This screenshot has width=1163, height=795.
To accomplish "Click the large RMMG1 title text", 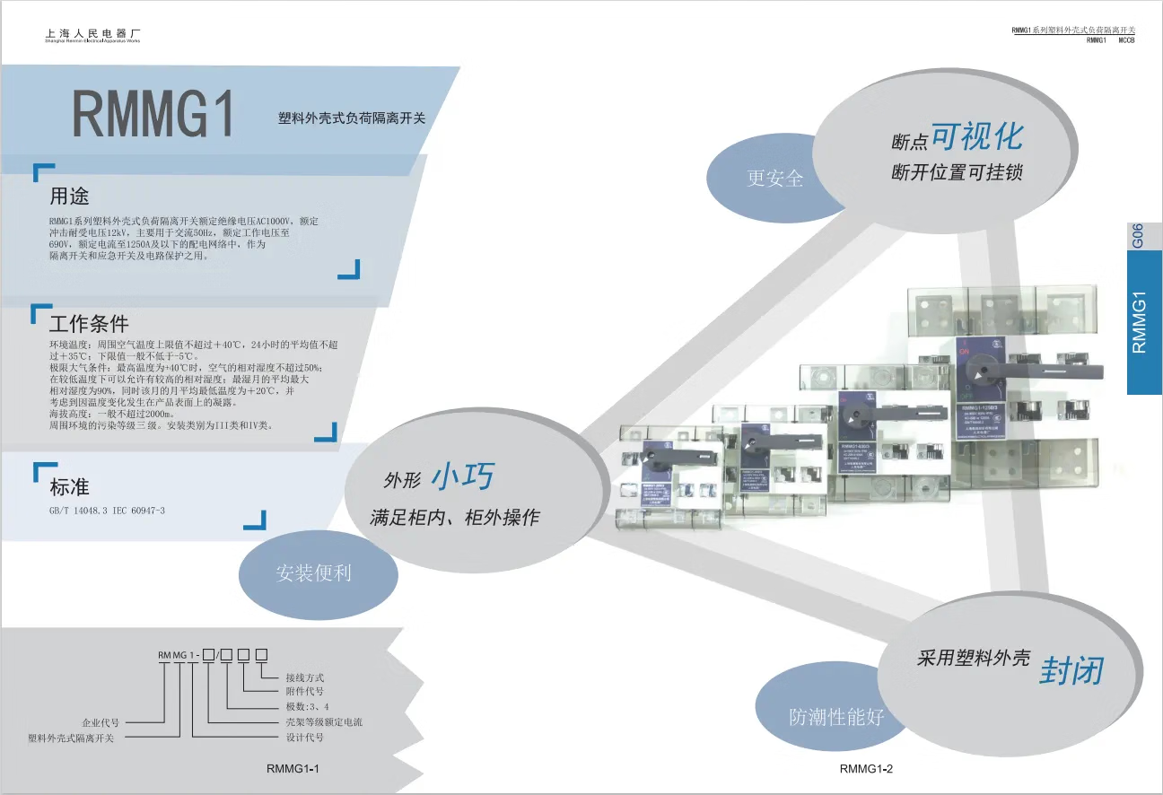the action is point(153,114).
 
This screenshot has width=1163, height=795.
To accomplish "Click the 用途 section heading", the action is point(69,195).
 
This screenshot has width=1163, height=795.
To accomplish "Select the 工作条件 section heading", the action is point(89,323).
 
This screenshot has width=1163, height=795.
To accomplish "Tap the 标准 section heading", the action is point(69,487).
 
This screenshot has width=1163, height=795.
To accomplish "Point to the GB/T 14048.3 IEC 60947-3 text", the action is point(108,510).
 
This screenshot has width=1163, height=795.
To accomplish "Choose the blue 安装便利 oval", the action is point(313,572).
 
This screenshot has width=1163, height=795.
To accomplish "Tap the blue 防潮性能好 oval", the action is point(836,716).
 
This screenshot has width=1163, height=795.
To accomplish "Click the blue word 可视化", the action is point(976,136).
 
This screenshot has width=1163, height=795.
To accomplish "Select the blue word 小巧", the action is point(462,477).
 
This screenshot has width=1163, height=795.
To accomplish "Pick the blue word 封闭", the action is point(1071,670).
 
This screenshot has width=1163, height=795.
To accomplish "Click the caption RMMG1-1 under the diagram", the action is point(293,769).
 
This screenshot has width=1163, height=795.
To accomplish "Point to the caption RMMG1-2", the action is point(866,769).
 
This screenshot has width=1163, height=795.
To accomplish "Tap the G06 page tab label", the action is point(1138,235).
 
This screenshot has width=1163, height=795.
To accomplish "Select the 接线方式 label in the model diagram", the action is point(304,677).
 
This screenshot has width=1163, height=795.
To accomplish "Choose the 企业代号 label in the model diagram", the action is point(101,721).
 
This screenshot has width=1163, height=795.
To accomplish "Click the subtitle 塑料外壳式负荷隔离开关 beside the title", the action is point(352,118).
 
